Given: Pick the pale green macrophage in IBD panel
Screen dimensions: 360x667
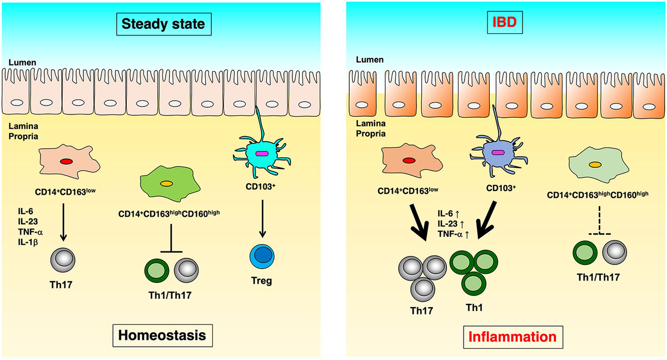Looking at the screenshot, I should tap(594, 165).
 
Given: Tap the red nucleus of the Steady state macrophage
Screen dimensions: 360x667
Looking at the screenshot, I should tap(66, 162).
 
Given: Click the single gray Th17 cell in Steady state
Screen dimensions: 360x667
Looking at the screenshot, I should tap(62, 258).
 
